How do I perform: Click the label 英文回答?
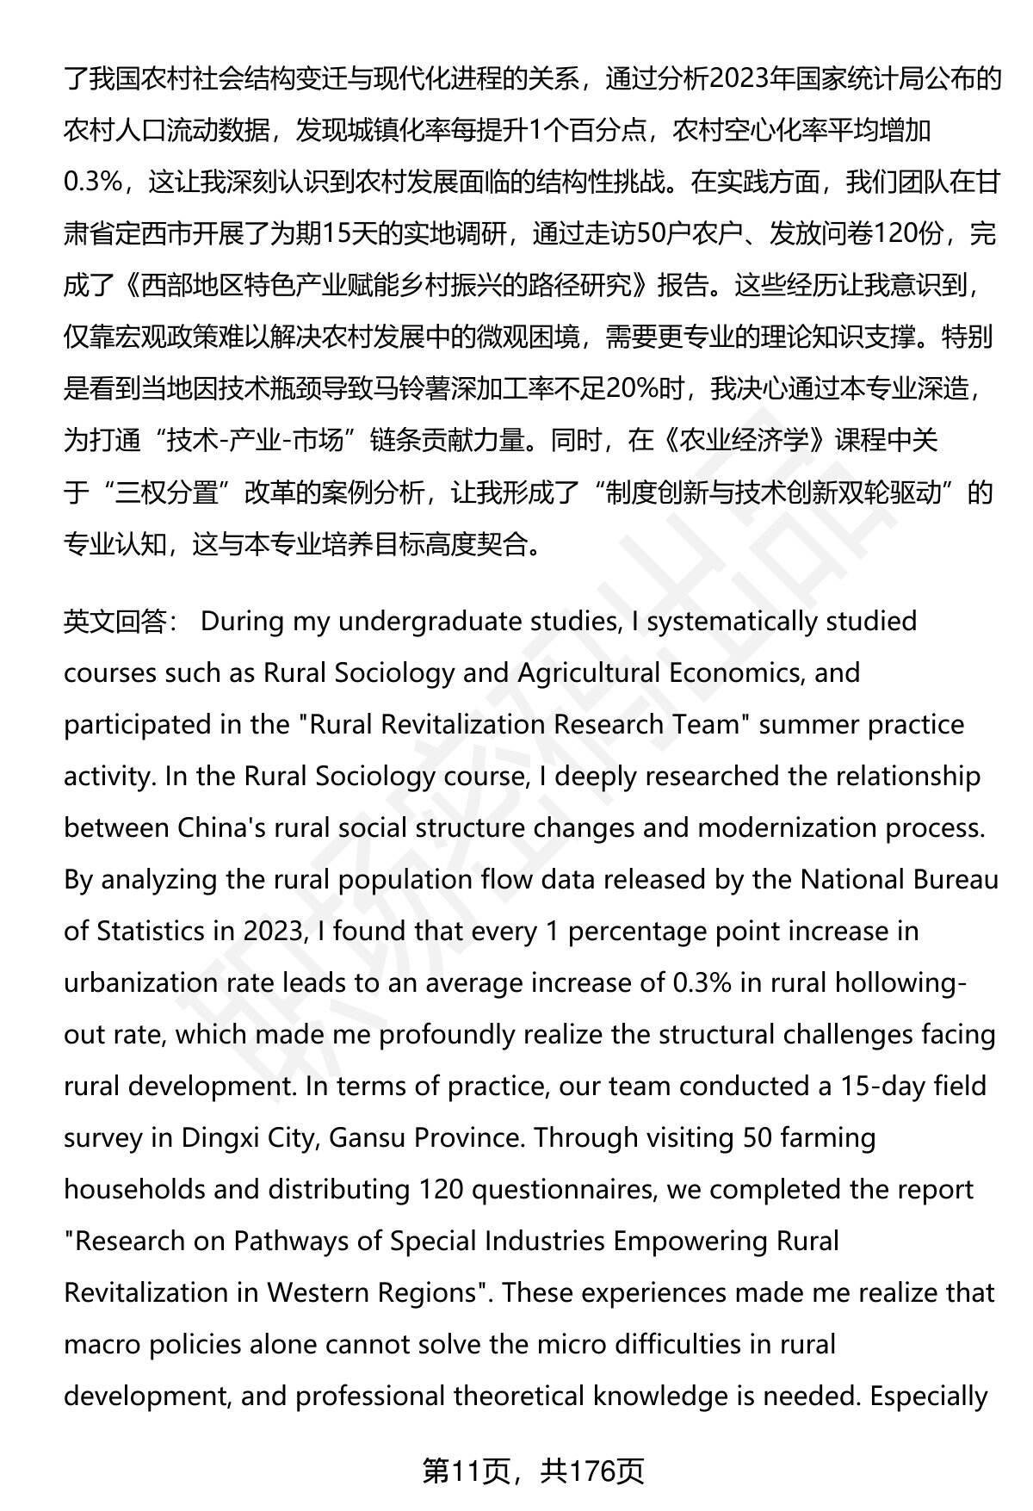pos(115,622)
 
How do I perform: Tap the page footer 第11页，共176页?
pos(533,1471)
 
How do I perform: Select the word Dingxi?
pos(221,1138)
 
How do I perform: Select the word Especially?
pos(929,1396)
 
